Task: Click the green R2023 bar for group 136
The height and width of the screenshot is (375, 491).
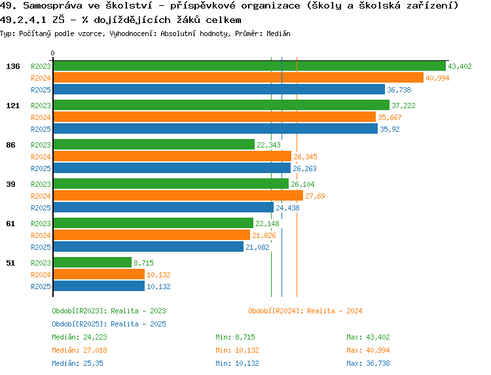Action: pos(249,66)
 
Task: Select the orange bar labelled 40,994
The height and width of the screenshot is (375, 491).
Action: pos(238,77)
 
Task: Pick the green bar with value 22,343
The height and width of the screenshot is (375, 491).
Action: pos(153,144)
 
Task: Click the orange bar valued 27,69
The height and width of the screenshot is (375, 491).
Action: pos(177,195)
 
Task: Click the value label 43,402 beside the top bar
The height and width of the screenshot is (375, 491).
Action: pos(460,66)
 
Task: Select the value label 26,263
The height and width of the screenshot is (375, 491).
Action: pos(304,168)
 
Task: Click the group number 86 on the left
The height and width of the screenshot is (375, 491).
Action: pos(10,144)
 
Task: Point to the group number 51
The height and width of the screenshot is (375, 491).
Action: pos(10,262)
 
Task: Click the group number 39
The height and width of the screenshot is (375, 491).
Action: pos(10,184)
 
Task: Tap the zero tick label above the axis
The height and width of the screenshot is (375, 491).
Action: pos(53,53)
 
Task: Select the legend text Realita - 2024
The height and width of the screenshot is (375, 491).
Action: pos(334,311)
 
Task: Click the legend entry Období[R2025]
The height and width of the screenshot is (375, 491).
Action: pos(79,324)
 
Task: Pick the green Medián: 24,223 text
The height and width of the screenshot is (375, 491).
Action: pos(79,337)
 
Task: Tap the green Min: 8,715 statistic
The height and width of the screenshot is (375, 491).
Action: pos(235,337)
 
